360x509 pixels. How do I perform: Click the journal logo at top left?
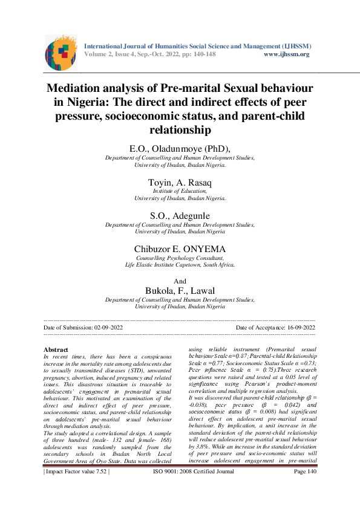(x=61, y=52)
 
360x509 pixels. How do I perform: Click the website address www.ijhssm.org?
(x=287, y=54)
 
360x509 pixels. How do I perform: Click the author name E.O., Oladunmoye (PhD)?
(x=180, y=149)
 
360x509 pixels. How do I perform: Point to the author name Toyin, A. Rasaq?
(x=180, y=182)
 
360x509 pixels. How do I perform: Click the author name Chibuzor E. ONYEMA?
(x=180, y=248)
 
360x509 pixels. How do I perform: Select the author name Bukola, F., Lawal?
(x=180, y=291)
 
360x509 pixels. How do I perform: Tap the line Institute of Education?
(x=180, y=191)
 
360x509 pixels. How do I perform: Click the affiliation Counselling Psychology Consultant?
(x=180, y=258)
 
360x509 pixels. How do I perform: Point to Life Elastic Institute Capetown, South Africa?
(x=180, y=265)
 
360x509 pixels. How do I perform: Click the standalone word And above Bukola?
(x=180, y=281)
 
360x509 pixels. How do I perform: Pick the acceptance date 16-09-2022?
(x=296, y=327)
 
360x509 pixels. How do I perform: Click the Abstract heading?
(x=56, y=349)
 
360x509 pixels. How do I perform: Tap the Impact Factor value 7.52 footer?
(x=76, y=489)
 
